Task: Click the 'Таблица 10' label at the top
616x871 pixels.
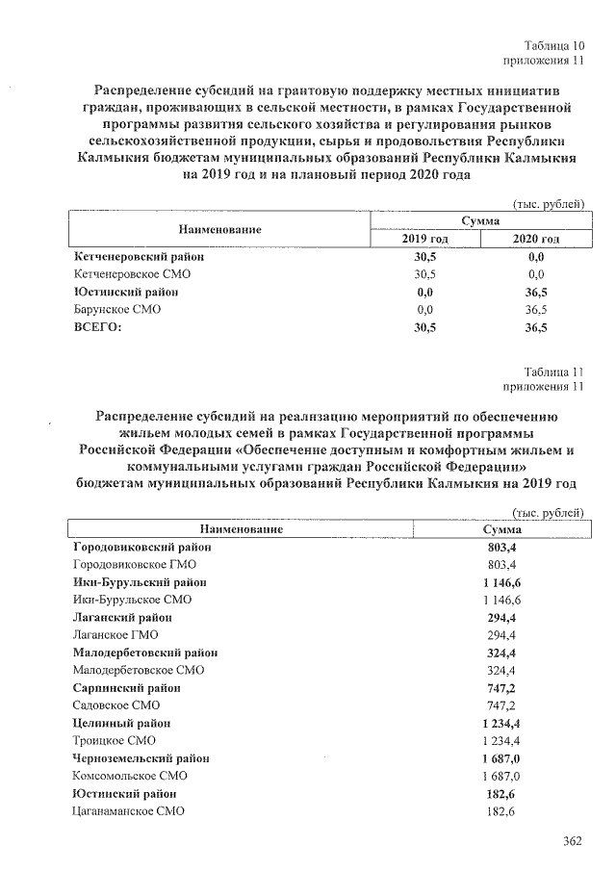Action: [x=555, y=45]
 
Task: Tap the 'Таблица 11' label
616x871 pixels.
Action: [x=555, y=371]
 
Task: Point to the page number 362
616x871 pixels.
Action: [x=573, y=842]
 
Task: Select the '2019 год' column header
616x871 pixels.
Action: [x=424, y=239]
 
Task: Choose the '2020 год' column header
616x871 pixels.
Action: [x=536, y=239]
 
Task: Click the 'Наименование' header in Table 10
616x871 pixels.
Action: [x=219, y=230]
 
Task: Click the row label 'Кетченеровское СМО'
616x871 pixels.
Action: [x=126, y=274]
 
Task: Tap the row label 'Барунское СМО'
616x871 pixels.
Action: [x=116, y=310]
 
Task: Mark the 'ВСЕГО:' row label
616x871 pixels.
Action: [x=100, y=327]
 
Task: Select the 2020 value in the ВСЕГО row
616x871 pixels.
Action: [x=536, y=328]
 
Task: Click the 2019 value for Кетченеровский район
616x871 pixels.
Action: [x=424, y=257]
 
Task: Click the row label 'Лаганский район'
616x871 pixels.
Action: [x=123, y=617]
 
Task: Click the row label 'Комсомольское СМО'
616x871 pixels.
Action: [x=130, y=776]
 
